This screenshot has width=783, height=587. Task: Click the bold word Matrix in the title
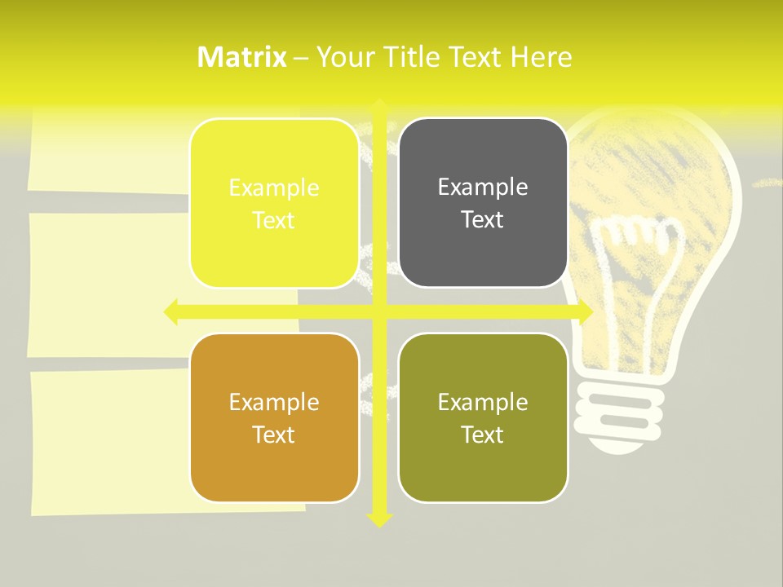click(x=242, y=57)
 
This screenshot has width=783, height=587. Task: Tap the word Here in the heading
click(x=542, y=57)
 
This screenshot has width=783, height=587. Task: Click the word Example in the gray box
click(x=483, y=188)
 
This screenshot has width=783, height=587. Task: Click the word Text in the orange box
click(x=274, y=435)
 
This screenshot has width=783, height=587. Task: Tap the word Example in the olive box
click(x=483, y=402)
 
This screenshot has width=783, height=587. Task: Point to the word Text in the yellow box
click(x=274, y=220)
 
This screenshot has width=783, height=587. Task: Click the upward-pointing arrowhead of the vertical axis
click(x=379, y=106)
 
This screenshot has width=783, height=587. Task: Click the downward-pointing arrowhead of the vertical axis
click(x=379, y=520)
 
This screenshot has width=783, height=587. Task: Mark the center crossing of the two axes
click(x=379, y=311)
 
